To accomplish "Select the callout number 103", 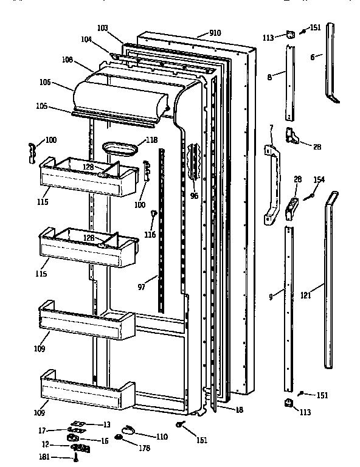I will [102, 28].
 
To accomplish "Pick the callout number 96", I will [194, 196].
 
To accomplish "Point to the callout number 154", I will [319, 179].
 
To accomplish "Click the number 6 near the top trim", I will [312, 56].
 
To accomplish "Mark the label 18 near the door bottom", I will [238, 410].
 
